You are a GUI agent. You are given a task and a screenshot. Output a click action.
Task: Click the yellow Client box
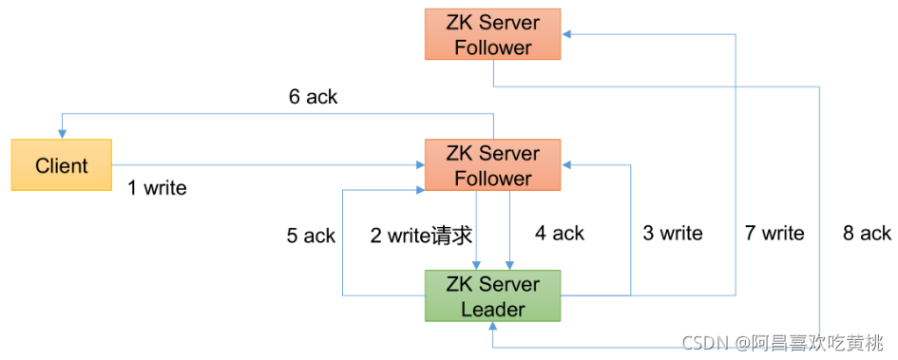(x=62, y=165)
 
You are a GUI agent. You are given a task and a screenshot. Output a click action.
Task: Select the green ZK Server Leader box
(x=492, y=296)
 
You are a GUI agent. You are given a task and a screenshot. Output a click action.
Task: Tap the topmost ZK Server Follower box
(x=492, y=34)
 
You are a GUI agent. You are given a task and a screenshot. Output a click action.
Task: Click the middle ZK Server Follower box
(x=492, y=165)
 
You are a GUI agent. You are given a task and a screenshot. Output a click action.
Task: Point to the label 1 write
(x=158, y=188)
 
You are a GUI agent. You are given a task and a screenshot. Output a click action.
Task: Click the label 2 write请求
(x=422, y=235)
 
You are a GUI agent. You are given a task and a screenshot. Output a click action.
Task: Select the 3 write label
(x=673, y=234)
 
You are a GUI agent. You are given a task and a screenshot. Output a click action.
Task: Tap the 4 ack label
(x=561, y=234)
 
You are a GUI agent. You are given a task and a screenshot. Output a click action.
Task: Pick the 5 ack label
(x=311, y=236)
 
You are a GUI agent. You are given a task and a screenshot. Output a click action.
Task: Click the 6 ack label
(x=313, y=97)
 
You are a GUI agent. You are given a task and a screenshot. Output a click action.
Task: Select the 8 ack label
(x=867, y=234)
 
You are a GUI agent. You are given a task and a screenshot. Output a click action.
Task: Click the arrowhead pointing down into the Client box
(x=62, y=134)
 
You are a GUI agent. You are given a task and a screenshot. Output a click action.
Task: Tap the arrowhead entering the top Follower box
(x=566, y=34)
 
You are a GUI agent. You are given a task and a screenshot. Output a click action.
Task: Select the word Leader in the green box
(x=492, y=309)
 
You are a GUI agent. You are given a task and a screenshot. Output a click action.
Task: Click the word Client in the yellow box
(x=62, y=165)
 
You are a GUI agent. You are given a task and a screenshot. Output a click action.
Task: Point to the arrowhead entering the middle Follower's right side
(x=566, y=165)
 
